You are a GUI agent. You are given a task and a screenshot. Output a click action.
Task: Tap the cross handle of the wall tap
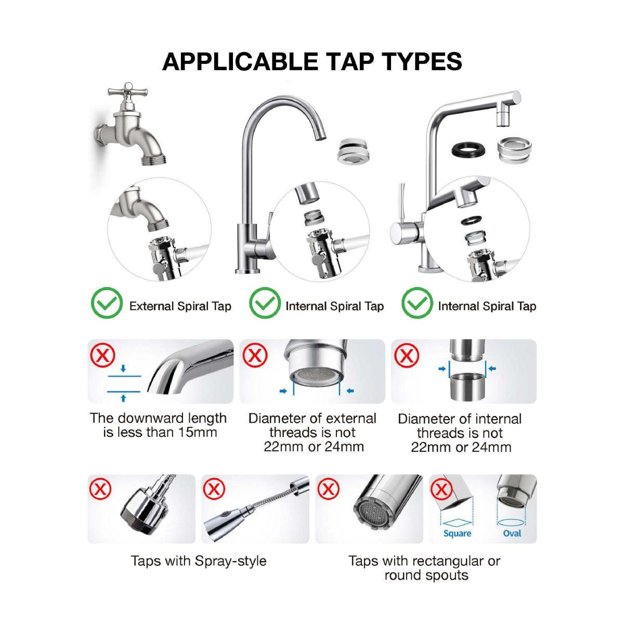click(127, 92)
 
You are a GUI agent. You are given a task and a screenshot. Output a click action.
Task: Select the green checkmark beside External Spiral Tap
click(107, 303)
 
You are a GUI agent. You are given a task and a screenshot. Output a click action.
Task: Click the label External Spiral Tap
click(180, 306)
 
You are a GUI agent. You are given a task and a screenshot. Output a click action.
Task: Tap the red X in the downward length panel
click(102, 356)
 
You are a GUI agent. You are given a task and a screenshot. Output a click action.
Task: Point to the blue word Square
click(457, 534)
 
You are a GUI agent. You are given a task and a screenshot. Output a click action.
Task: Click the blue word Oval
click(512, 533)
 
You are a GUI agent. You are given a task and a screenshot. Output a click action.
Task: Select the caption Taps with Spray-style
click(199, 561)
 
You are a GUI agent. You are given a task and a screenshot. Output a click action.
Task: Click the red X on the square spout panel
click(441, 489)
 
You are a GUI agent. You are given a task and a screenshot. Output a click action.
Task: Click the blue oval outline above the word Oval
click(511, 522)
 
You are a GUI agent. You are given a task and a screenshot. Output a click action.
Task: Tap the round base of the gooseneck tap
click(248, 271)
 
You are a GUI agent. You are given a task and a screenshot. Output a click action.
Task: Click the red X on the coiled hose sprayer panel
click(214, 489)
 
